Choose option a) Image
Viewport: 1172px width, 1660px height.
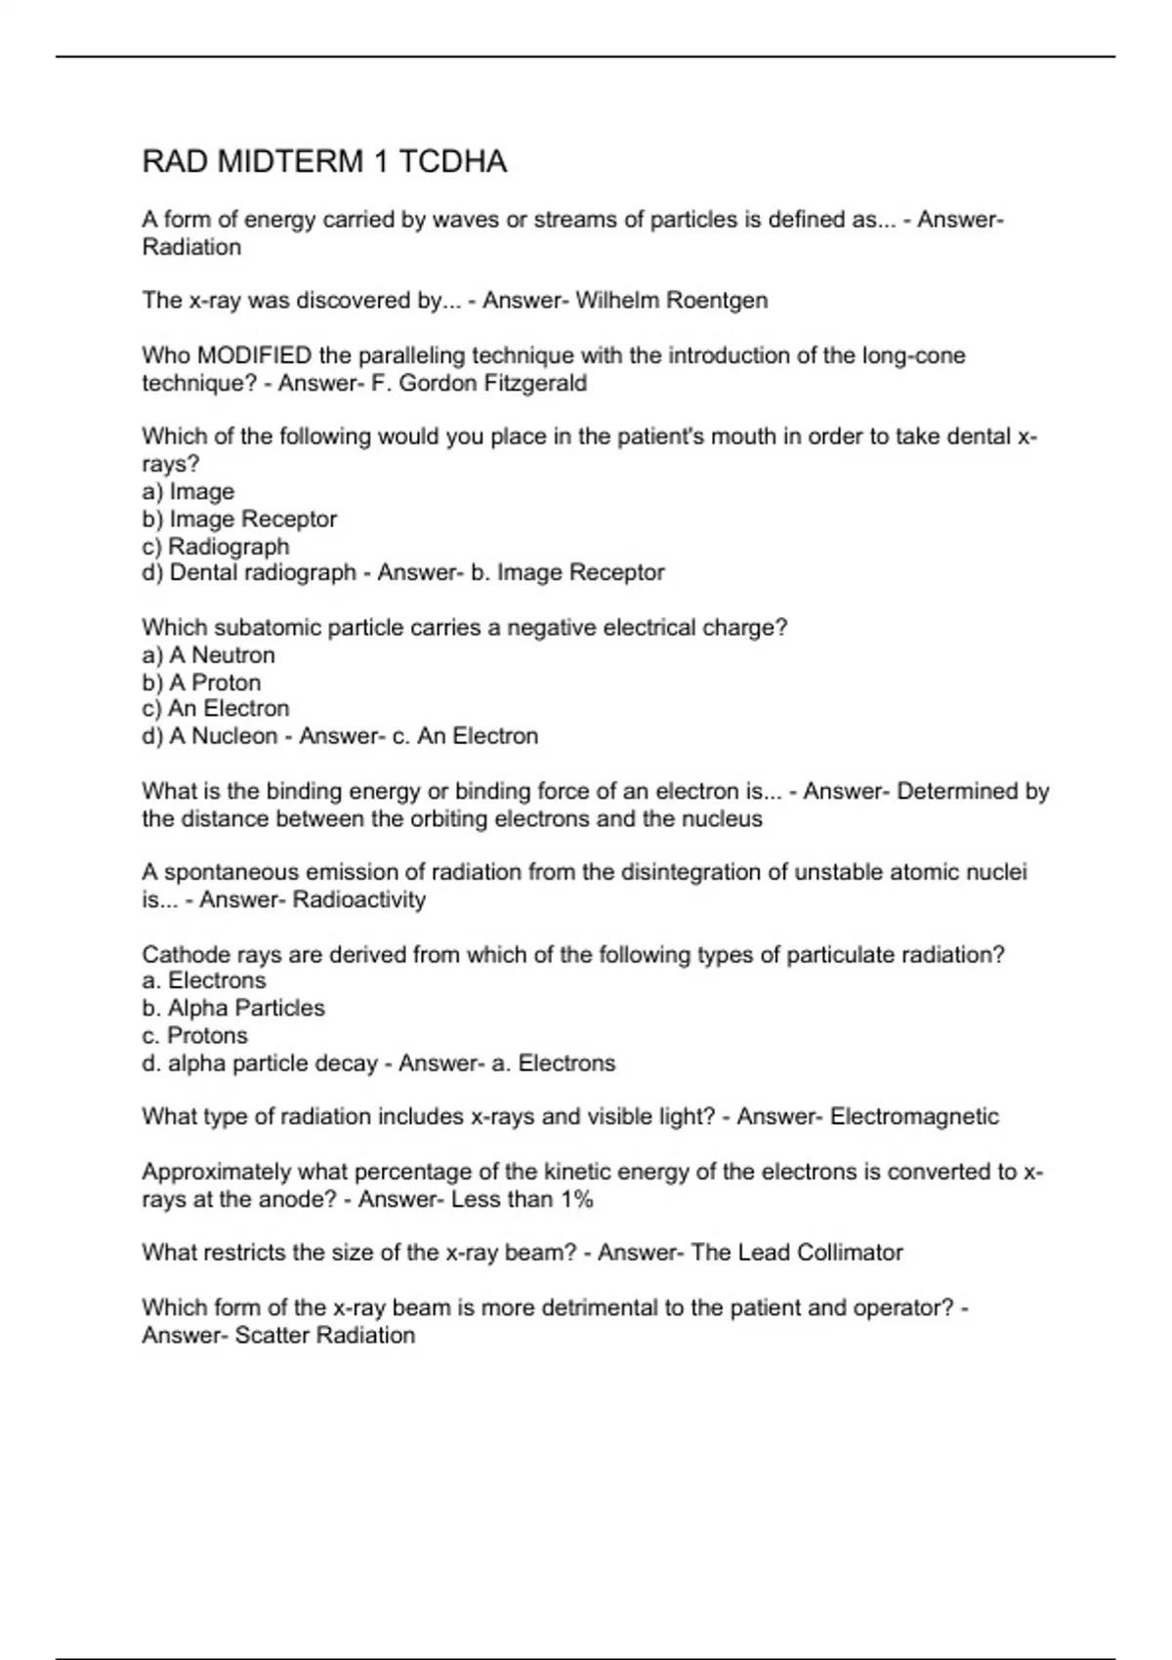tap(188, 492)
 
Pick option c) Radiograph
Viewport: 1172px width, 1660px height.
tap(216, 547)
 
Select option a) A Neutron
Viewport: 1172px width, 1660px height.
tap(209, 655)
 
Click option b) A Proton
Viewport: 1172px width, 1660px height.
tap(201, 683)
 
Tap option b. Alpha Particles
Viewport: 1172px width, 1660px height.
tap(233, 1009)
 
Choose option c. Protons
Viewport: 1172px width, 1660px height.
tap(195, 1036)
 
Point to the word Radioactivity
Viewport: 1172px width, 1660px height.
tap(359, 900)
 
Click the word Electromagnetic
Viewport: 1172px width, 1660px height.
tap(914, 1117)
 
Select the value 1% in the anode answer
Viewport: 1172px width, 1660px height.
tap(576, 1199)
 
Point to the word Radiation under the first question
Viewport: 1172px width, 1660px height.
tap(191, 247)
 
